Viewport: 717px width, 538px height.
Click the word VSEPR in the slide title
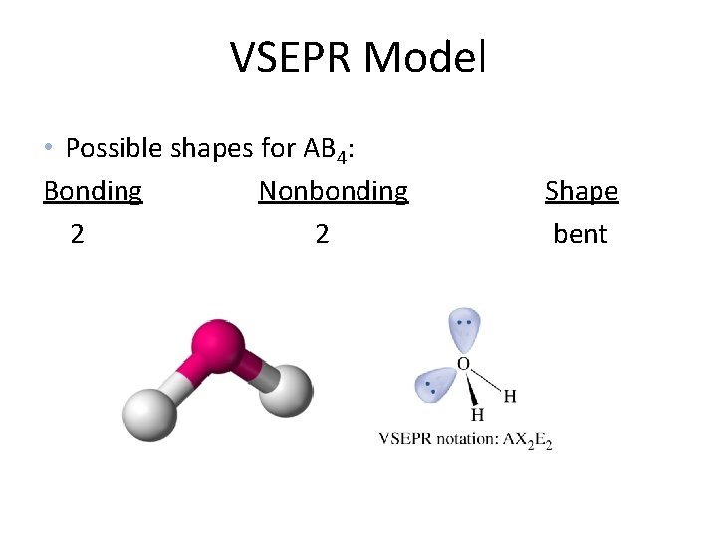pos(293,58)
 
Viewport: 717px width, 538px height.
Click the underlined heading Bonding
pos(93,191)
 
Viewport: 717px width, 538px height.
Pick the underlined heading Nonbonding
pos(333,191)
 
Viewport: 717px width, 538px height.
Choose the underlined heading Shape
pos(582,191)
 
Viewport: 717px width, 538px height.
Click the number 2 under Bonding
pos(77,235)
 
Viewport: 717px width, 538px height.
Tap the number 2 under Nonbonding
pos(322,235)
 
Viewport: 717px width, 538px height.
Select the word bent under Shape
pos(581,235)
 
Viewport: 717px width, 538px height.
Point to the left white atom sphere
pos(150,411)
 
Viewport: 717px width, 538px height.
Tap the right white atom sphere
pos(288,390)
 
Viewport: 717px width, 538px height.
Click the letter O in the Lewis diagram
pos(463,364)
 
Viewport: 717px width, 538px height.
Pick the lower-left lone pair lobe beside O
pos(433,384)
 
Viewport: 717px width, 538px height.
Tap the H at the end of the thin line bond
pos(510,396)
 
